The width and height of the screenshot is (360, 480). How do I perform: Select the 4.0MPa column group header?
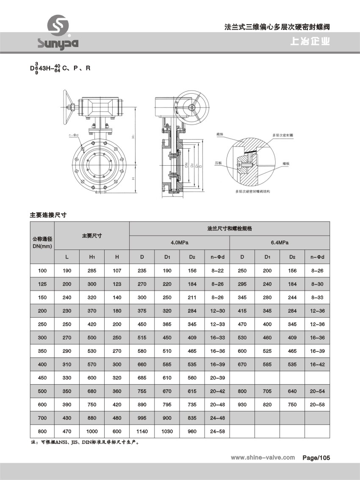(179, 243)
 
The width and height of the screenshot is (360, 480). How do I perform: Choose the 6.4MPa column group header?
(280, 243)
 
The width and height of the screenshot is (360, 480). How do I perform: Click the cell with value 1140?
(142, 431)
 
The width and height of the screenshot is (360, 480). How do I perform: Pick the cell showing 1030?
(167, 431)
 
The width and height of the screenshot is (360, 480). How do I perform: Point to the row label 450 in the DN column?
(42, 378)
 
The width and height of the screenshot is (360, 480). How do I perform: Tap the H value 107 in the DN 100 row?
(117, 270)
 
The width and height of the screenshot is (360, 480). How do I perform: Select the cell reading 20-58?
(317, 405)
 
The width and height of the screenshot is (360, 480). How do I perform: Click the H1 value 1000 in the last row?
(92, 431)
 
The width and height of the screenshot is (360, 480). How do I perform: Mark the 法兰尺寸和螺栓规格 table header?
(229, 228)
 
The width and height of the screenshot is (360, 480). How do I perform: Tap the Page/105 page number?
(316, 458)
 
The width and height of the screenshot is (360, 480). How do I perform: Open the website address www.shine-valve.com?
(263, 458)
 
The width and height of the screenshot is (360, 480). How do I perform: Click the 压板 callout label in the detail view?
(218, 163)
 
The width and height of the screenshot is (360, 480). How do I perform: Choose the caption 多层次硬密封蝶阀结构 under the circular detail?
(253, 191)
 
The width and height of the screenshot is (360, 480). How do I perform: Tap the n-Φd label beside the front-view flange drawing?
(74, 135)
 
